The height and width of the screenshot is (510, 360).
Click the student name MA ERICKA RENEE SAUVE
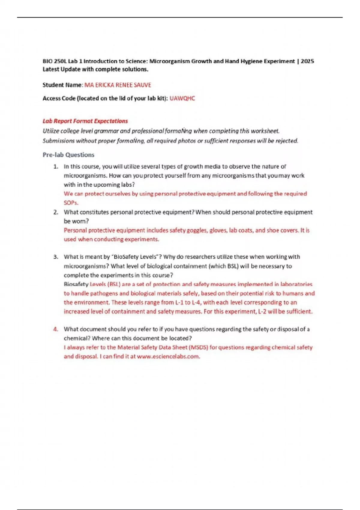[118, 85]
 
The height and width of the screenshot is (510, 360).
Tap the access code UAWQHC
[182, 98]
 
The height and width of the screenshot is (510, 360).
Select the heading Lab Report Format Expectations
[85, 121]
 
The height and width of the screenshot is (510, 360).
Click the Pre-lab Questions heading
[68, 155]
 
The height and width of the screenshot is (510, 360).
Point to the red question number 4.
[55, 329]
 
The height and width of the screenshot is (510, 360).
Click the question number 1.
[55, 167]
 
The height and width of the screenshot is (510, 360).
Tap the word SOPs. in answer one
[71, 203]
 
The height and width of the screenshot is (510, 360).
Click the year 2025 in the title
[307, 61]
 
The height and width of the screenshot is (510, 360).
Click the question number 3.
[55, 257]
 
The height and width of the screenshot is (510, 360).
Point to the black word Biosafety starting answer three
[76, 284]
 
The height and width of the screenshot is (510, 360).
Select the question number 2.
[55, 212]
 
